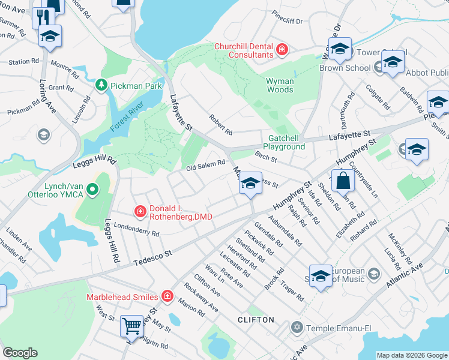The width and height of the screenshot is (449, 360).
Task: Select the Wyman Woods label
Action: [280, 85]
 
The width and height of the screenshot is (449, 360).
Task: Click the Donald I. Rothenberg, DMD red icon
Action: [140, 211]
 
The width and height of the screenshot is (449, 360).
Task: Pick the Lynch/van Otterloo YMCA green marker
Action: [92, 191]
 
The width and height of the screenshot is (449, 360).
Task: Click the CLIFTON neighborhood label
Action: [255, 320]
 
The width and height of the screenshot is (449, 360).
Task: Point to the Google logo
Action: [20, 353]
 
